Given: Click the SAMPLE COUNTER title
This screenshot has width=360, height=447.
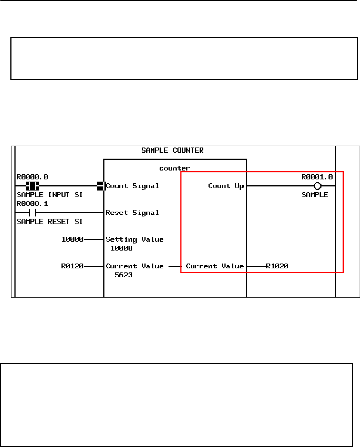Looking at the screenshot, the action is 173,150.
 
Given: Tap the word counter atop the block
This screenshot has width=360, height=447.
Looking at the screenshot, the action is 174,168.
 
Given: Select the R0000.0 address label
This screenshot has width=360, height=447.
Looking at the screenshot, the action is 32,177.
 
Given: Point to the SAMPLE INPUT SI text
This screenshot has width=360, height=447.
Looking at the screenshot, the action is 50,195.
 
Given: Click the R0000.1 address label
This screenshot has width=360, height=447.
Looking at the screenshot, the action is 32,204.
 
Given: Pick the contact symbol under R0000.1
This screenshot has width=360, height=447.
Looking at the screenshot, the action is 32,213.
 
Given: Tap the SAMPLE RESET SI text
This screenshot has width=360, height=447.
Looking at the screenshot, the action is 50,222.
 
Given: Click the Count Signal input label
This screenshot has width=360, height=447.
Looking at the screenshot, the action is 133,186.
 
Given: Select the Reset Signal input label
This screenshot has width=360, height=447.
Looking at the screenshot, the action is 133,213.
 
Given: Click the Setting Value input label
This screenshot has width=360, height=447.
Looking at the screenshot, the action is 134,239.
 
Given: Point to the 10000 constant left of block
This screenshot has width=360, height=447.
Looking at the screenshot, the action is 73,239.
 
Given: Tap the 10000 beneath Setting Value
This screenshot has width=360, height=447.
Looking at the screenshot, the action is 121,248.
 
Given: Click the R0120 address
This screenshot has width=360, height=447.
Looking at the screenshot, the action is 73,266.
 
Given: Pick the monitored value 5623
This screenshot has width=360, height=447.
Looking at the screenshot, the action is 124,275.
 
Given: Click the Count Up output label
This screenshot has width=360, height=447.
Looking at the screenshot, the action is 226,186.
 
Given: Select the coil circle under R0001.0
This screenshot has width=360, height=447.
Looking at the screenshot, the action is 317,186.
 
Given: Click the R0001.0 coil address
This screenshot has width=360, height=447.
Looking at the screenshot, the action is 317,177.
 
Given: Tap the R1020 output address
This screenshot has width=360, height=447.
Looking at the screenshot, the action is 277,266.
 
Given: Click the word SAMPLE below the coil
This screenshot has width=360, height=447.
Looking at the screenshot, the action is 315,195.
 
